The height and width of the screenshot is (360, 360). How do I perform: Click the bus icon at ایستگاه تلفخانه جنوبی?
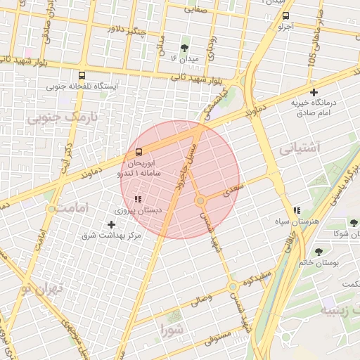[x=82, y=75]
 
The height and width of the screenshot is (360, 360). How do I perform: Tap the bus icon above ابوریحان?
[x=138, y=152]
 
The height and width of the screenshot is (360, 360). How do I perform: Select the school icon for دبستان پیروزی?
[x=138, y=199]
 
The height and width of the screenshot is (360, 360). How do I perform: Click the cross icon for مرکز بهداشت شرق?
[x=111, y=224]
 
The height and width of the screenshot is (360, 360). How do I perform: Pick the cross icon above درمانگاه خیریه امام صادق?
[x=314, y=92]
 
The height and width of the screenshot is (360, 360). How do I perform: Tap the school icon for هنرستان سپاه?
[x=297, y=210]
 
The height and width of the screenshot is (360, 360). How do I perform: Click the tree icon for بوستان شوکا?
[x=354, y=224]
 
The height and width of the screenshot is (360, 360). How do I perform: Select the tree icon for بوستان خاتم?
[x=319, y=251]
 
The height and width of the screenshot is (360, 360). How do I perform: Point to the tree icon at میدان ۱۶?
[x=184, y=48]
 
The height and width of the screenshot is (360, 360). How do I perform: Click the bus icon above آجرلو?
[x=285, y=15]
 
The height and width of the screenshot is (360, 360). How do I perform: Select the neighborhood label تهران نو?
[x=42, y=288]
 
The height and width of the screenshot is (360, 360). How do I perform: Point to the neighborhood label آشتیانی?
[x=300, y=149]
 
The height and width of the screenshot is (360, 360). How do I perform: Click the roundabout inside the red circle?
[x=201, y=201]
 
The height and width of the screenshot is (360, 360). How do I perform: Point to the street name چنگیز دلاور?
[x=127, y=29]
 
